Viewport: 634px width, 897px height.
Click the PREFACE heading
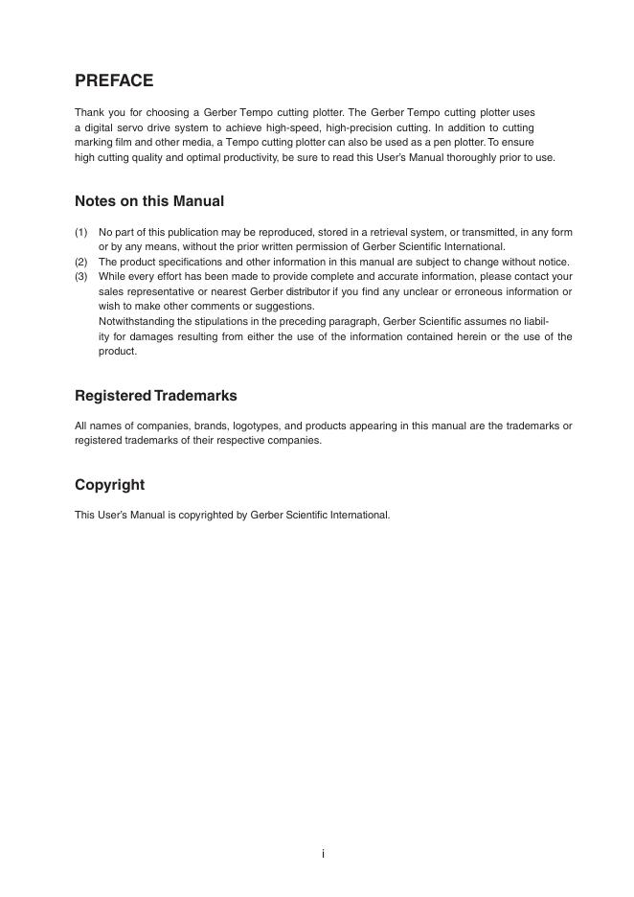pos(114,80)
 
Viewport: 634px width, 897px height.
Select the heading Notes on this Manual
pos(149,201)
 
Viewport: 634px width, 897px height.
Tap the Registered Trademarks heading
pos(156,396)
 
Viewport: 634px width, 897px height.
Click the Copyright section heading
pos(110,485)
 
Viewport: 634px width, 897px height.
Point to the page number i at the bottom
pos(323,854)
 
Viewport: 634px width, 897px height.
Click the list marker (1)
pos(81,232)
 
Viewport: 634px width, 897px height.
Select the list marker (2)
pos(81,262)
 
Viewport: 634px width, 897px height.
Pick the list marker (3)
pos(81,276)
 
